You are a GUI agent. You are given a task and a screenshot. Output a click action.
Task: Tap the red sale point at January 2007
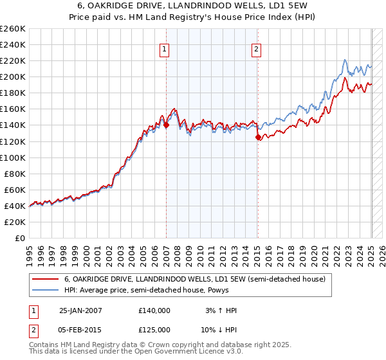tap(166, 125)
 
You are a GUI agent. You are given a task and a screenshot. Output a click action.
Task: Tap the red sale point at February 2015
tap(258, 137)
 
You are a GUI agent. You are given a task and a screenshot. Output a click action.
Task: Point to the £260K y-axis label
tap(13, 29)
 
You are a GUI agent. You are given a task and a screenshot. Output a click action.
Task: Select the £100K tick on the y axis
tap(13, 157)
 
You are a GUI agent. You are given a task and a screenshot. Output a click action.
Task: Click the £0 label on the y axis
tap(19, 238)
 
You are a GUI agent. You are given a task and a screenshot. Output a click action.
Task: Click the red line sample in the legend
tap(45, 279)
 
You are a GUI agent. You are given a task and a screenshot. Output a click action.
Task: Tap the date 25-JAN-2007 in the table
tap(80, 310)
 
